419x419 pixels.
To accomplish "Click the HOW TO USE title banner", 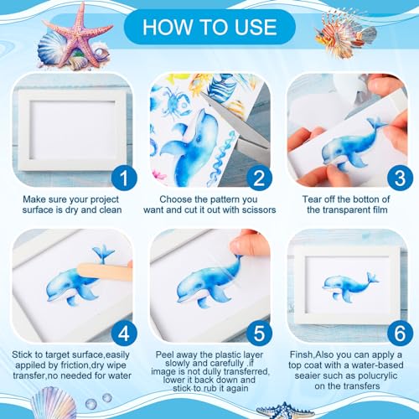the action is tap(209, 27).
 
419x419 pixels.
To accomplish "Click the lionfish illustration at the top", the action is tap(345, 34).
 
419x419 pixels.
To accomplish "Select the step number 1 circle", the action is tap(124, 178).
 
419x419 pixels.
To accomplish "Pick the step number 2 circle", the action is tap(259, 178).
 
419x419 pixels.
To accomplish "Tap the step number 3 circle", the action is tap(400, 178).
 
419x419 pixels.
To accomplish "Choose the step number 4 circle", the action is tap(124, 333).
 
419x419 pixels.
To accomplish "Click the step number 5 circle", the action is tap(259, 333).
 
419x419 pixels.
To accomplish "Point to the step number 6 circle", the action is tap(400, 333).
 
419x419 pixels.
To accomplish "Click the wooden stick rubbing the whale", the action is tap(105, 272).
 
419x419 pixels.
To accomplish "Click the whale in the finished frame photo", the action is tap(350, 287).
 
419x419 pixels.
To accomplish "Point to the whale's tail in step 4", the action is tap(103, 254).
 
